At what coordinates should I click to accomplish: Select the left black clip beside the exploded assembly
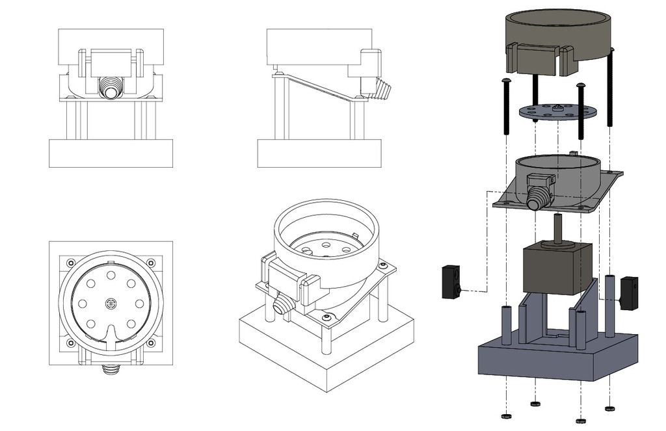[x=451, y=281]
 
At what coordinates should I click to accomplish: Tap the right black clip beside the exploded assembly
[x=629, y=293]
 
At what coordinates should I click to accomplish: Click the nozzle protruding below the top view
[x=111, y=370]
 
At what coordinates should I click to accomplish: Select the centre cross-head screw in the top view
[x=111, y=303]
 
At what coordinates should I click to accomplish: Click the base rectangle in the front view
[x=111, y=153]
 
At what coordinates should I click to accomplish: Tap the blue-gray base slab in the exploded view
[x=553, y=361]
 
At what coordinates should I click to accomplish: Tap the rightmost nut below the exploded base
[x=609, y=409]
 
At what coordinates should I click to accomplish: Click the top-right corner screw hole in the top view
[x=152, y=263]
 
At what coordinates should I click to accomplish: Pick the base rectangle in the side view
[x=318, y=153]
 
